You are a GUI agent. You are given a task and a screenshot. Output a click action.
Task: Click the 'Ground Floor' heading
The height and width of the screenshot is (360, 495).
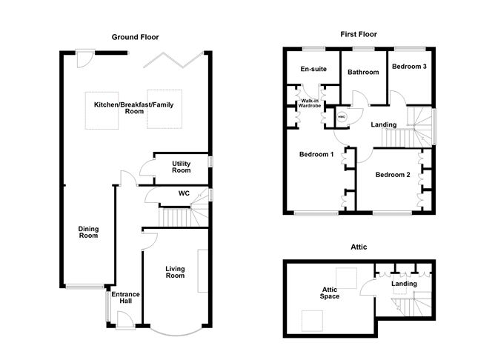[135, 37]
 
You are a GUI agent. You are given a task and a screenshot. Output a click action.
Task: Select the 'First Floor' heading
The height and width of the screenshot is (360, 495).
[358, 34]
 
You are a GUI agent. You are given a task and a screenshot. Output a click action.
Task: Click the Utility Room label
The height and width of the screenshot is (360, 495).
[182, 167]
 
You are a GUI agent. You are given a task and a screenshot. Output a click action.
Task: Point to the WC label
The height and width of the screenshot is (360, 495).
[185, 193]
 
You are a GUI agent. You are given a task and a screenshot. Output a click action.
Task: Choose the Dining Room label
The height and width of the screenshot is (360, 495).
[88, 233]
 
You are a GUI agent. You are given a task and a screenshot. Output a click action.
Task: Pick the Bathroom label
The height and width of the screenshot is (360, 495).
[364, 72]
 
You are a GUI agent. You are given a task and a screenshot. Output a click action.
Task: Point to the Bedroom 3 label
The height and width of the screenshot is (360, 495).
[409, 67]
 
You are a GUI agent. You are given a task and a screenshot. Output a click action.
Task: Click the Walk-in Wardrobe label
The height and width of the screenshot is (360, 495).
[309, 104]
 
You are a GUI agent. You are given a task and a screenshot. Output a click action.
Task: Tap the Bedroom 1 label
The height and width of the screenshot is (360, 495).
[316, 155]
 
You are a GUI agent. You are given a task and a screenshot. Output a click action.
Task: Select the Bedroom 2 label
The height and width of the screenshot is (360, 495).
[392, 176]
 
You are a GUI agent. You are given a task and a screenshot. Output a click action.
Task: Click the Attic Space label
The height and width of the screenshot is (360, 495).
[330, 293]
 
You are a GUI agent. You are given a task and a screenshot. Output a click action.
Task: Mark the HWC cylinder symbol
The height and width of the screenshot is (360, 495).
[342, 117]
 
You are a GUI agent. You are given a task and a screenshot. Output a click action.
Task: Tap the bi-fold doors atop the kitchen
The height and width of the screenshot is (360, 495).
[174, 59]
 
